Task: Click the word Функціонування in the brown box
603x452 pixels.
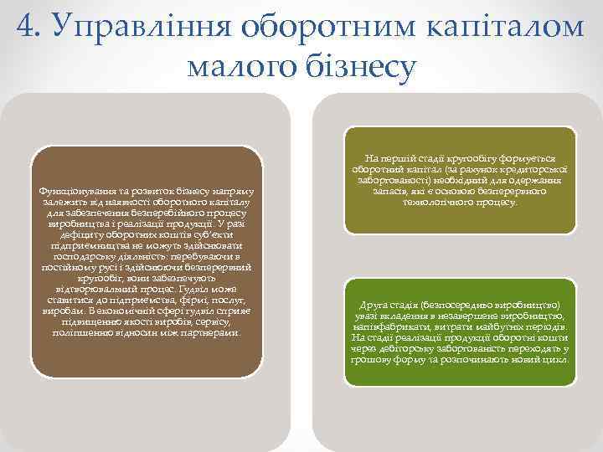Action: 77,192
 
